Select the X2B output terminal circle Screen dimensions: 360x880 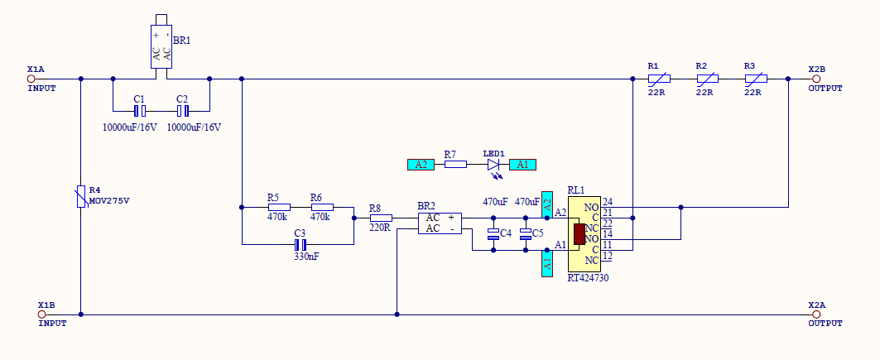click(x=816, y=79)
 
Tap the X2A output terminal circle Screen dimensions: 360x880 click(x=816, y=314)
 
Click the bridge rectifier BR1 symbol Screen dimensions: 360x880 click(x=161, y=46)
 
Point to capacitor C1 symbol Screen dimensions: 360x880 click(x=140, y=110)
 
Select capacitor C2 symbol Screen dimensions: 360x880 click(x=183, y=110)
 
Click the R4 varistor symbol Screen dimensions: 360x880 click(x=81, y=196)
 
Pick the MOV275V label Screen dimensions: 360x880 click(x=109, y=201)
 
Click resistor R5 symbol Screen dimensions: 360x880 click(x=279, y=207)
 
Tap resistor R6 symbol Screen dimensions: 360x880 click(x=321, y=207)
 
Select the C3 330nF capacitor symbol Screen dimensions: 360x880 click(x=301, y=245)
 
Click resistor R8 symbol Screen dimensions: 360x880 click(x=380, y=218)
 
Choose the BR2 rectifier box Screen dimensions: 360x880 click(x=439, y=223)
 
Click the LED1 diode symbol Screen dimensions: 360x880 click(x=494, y=165)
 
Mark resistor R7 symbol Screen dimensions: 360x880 click(x=455, y=165)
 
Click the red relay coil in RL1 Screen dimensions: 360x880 click(x=579, y=234)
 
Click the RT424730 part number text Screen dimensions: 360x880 click(x=588, y=279)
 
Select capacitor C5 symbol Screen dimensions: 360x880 click(x=525, y=234)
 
